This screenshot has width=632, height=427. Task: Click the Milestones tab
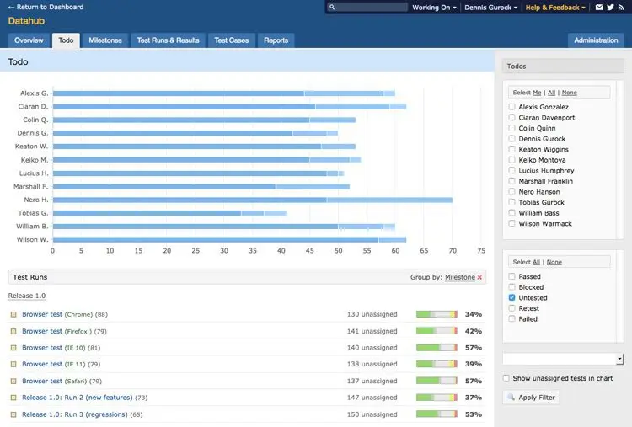click(x=105, y=40)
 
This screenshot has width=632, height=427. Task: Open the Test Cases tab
click(x=232, y=40)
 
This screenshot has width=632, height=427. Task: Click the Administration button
click(x=596, y=40)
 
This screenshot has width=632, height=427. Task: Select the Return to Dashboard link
click(x=46, y=7)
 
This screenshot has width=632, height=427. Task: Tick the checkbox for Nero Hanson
click(x=511, y=191)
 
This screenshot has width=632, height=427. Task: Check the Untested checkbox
click(x=511, y=297)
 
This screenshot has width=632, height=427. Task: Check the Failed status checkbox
click(x=511, y=318)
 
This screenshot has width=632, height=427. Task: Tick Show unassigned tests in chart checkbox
click(x=506, y=378)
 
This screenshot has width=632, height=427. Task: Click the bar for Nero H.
click(x=253, y=200)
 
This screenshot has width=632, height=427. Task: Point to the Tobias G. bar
click(x=169, y=213)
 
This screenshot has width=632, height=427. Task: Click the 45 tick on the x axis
click(x=309, y=251)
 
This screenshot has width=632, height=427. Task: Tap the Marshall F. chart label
click(x=30, y=186)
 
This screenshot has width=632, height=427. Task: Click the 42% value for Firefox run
click(x=474, y=331)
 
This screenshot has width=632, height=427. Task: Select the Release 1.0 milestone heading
click(x=27, y=296)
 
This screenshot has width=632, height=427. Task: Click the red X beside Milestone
click(x=479, y=277)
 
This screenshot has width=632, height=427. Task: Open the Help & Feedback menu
click(x=555, y=8)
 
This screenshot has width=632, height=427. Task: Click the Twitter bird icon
click(x=610, y=7)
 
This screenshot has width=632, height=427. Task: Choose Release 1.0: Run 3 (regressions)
click(x=74, y=414)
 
